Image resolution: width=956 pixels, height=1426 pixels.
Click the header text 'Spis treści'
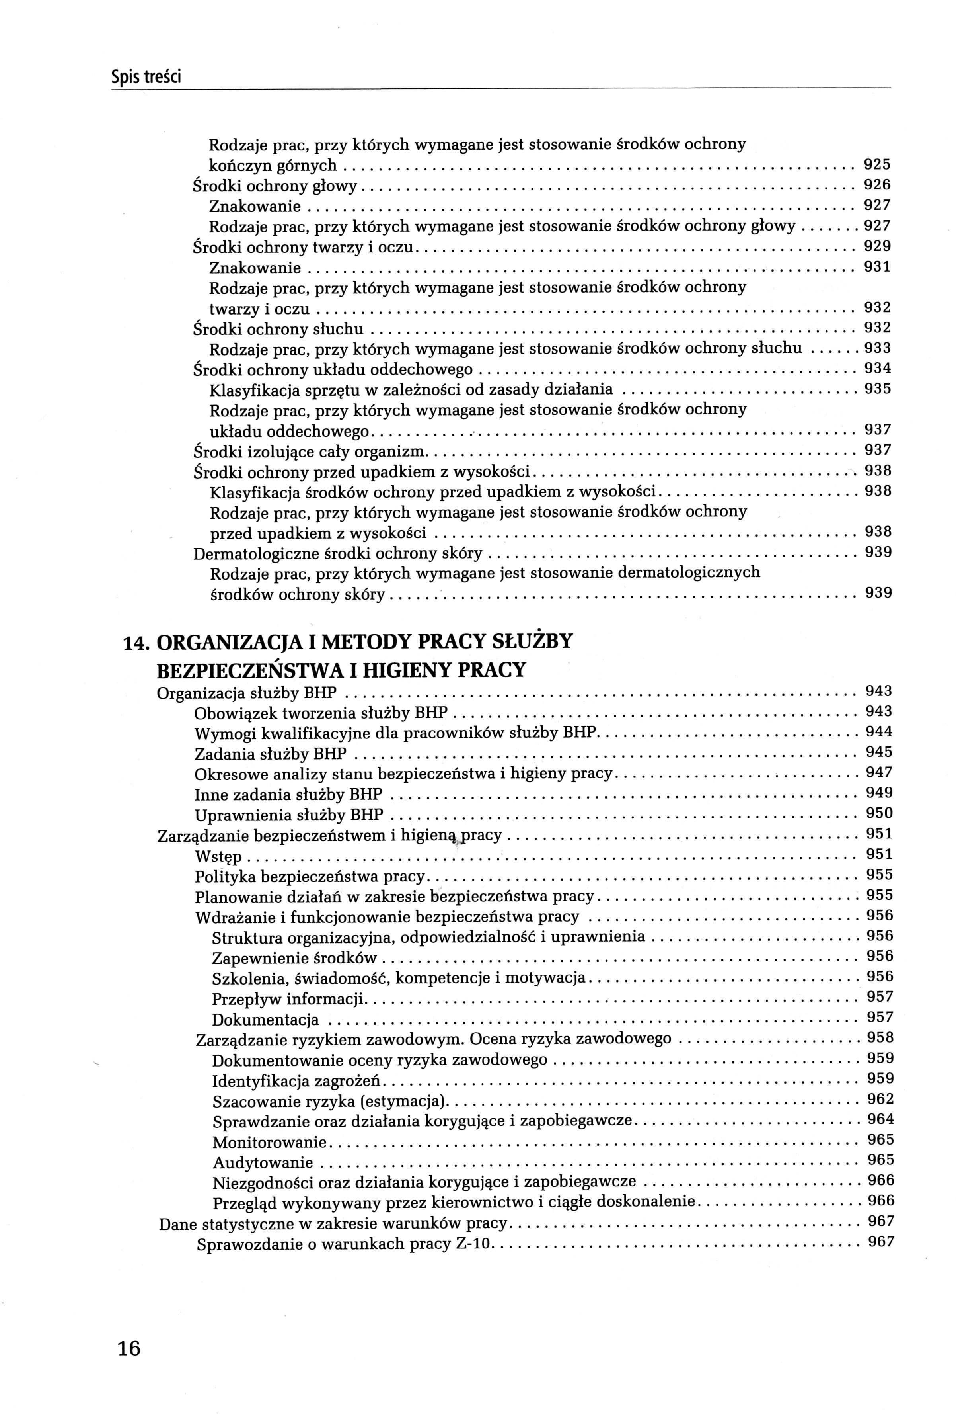[146, 78]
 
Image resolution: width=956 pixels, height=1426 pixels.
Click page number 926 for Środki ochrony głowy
[877, 184]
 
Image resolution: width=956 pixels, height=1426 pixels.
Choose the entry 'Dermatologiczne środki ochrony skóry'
[338, 554]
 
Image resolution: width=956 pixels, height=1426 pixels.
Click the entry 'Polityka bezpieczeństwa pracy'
[310, 877]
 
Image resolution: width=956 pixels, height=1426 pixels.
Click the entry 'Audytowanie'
[263, 1162]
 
